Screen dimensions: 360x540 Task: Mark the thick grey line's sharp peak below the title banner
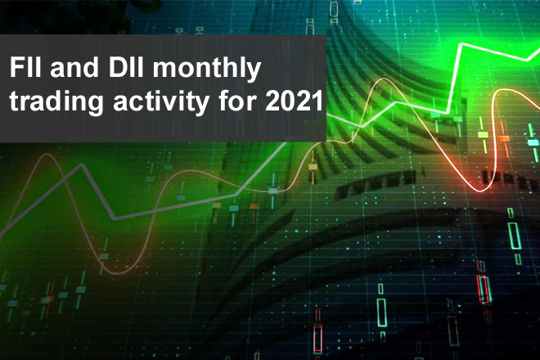tap(82, 164)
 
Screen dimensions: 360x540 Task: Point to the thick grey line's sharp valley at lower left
tap(115, 218)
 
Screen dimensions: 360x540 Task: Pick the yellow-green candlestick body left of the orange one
tap(483, 133)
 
